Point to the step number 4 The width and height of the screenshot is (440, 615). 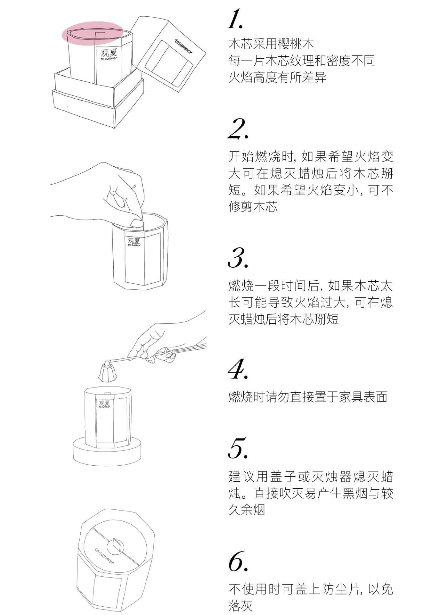point(238,369)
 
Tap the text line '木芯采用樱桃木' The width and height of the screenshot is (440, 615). point(271,44)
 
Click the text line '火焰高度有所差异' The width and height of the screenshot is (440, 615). point(277,78)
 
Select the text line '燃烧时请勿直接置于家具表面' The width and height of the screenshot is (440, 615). point(308,397)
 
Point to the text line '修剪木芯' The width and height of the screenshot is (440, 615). point(253,207)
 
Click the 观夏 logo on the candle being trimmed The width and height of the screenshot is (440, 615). point(134,242)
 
